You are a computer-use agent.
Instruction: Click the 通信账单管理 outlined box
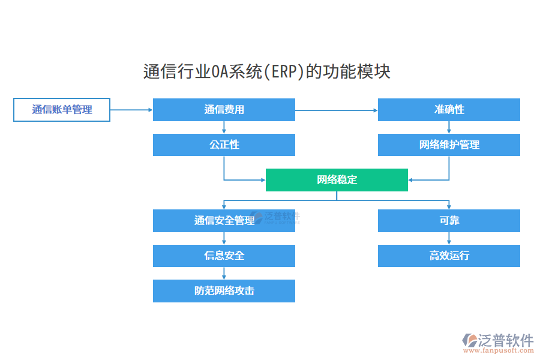(62, 110)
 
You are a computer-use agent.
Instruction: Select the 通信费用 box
(224, 110)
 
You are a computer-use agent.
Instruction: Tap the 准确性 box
(449, 110)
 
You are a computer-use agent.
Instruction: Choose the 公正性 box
(224, 145)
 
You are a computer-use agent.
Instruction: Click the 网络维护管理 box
(449, 145)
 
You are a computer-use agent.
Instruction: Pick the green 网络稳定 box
(337, 180)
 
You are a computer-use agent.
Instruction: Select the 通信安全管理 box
(224, 221)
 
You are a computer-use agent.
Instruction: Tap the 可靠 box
(449, 221)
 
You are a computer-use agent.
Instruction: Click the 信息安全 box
(224, 256)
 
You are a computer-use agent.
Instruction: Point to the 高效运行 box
(449, 256)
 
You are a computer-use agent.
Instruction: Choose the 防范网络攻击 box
(224, 291)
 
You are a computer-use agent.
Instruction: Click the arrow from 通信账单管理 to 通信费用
(131, 110)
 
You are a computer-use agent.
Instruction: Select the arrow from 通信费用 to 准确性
(336, 110)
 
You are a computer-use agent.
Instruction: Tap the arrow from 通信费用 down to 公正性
(224, 127)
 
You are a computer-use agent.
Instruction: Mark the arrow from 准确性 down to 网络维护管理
(449, 127)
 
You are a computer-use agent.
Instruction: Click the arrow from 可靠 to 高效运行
(449, 238)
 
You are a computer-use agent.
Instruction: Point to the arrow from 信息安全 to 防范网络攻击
(224, 273)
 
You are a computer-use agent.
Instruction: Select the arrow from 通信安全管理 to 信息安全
(224, 238)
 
